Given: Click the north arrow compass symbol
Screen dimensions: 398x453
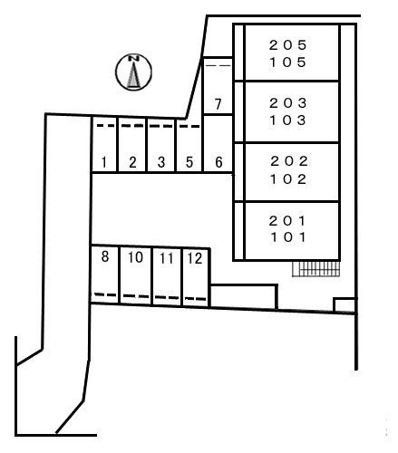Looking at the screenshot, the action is pyautogui.click(x=133, y=72).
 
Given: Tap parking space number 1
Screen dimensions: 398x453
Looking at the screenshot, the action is pyautogui.click(x=104, y=144).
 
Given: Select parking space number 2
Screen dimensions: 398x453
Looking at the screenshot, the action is pyautogui.click(x=132, y=144).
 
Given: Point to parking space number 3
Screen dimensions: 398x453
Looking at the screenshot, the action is pyautogui.click(x=160, y=145).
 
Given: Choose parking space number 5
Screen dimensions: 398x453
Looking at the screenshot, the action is pyautogui.click(x=189, y=146).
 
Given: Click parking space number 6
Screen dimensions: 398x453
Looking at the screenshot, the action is pyautogui.click(x=218, y=144).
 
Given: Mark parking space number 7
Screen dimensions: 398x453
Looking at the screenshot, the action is pyautogui.click(x=218, y=86).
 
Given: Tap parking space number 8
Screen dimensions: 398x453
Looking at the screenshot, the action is pyautogui.click(x=104, y=274).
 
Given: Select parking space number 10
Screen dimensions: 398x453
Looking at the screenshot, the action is pyautogui.click(x=135, y=275).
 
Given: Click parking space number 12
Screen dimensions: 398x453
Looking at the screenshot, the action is pyautogui.click(x=196, y=277).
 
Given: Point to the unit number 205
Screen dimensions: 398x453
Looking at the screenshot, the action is pyautogui.click(x=288, y=45).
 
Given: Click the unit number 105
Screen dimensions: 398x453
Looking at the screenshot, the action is pyautogui.click(x=288, y=63).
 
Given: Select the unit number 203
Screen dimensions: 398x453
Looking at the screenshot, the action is pyautogui.click(x=288, y=103).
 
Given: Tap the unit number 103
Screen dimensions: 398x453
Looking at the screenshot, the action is pyautogui.click(x=288, y=120).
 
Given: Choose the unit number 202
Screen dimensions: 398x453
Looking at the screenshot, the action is pyautogui.click(x=289, y=161).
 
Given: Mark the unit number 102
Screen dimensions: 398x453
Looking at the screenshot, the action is pyautogui.click(x=288, y=179).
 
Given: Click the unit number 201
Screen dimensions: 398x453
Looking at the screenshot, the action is pyautogui.click(x=287, y=221).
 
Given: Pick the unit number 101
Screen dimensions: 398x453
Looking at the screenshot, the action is pyautogui.click(x=288, y=237).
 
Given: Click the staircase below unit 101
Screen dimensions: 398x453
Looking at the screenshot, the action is pyautogui.click(x=316, y=269).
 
